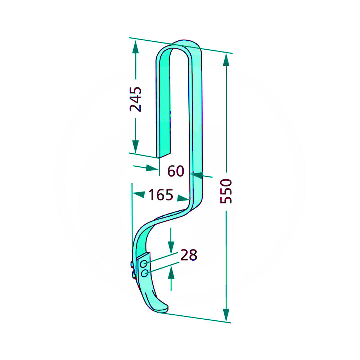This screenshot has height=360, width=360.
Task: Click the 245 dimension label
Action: [x=136, y=99]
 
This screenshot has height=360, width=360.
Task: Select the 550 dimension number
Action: [x=226, y=191]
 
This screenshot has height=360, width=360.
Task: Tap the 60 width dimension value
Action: [x=176, y=171]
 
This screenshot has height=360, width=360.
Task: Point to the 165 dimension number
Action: [x=161, y=195]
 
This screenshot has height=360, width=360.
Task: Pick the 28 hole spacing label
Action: [x=189, y=255]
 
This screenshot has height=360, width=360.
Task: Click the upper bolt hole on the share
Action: [x=144, y=264]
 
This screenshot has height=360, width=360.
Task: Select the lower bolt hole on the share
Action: [x=145, y=273]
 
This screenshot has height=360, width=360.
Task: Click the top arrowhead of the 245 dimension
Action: [x=136, y=47]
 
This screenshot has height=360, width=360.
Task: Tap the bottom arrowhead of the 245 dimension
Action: [x=135, y=147]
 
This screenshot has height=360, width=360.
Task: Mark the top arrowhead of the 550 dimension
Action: [x=226, y=60]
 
